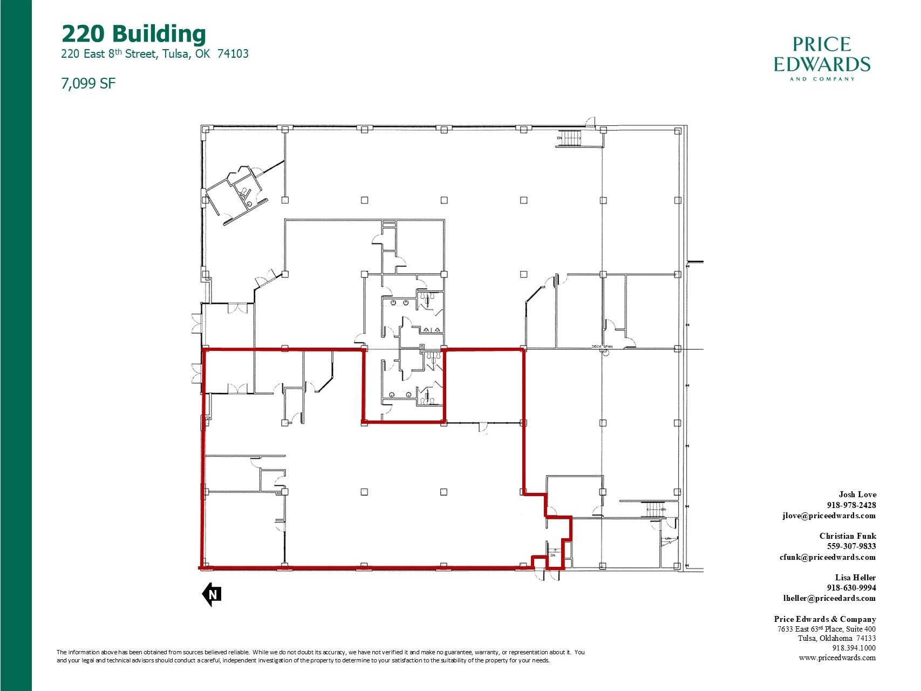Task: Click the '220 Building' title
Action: pos(134,34)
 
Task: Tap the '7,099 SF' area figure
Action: pos(88,84)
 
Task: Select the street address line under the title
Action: pos(155,54)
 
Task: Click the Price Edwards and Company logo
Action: pos(822,58)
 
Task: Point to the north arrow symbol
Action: pos(212,594)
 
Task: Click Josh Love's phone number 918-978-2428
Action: pos(851,505)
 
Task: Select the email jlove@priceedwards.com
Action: pos(829,516)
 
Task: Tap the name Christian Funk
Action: pos(847,536)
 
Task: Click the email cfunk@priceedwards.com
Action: pos(827,557)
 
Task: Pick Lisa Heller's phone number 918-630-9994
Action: pos(851,588)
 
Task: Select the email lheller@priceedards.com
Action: pos(829,598)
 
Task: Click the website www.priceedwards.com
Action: pos(837,658)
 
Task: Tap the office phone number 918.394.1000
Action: pos(854,648)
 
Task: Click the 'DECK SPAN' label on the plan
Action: pos(602,347)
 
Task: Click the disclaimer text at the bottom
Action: pos(320,656)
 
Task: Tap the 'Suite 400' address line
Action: pos(826,629)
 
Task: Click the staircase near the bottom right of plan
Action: pos(653,509)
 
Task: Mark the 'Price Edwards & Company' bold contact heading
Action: pos(824,619)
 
